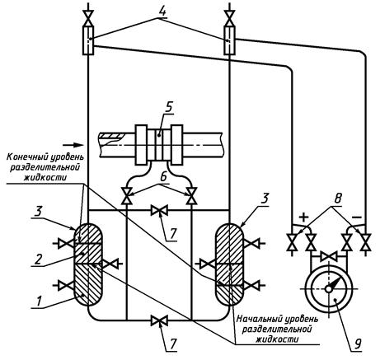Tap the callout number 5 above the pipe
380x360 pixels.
point(168,108)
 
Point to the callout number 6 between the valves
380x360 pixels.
point(163,177)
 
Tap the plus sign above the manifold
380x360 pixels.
point(303,217)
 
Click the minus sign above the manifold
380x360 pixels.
point(357,217)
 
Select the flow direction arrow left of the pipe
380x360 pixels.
point(73,144)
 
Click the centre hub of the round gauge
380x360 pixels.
point(329,288)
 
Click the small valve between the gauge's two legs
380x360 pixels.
point(329,257)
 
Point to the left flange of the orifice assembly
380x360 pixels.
point(142,145)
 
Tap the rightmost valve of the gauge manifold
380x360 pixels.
point(366,242)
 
